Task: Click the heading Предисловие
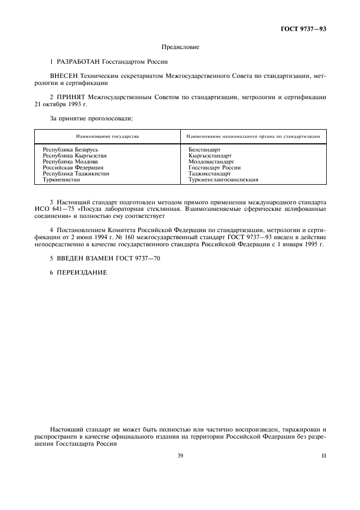[x=180, y=47]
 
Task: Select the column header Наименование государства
[x=107, y=136]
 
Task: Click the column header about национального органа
[x=253, y=136]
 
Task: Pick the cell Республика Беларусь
[x=70, y=149]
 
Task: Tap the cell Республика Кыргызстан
[x=74, y=155]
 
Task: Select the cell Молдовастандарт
[x=211, y=161]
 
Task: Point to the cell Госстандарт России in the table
[x=215, y=168]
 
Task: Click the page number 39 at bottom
[x=180, y=456]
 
